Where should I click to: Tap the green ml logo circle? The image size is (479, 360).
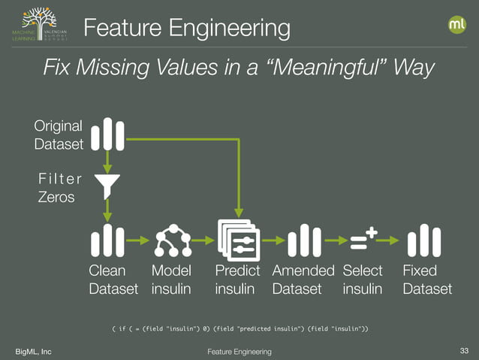click(456, 25)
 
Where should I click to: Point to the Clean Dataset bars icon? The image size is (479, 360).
click(107, 240)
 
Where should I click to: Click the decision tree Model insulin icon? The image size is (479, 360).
click(172, 241)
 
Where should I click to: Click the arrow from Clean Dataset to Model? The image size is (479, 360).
click(138, 241)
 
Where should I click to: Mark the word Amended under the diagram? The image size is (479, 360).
click(303, 271)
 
